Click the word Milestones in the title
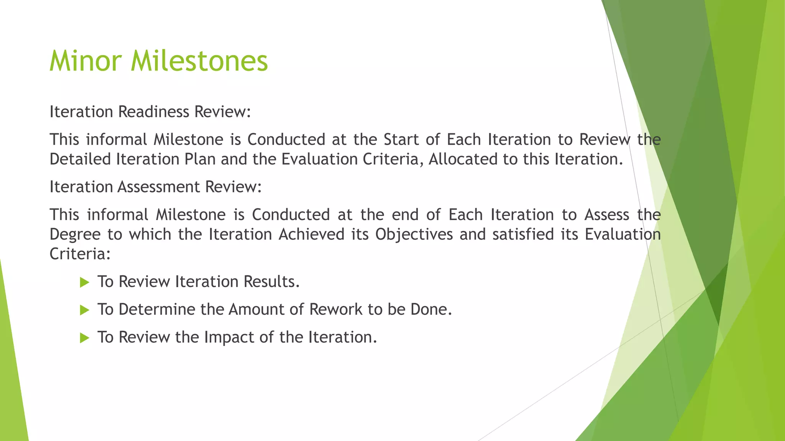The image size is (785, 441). tap(199, 61)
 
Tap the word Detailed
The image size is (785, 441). tap(80, 159)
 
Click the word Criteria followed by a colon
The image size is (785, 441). tap(80, 254)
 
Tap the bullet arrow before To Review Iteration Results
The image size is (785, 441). tap(84, 283)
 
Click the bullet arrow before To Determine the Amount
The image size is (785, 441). tap(84, 310)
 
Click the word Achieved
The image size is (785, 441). tap(311, 234)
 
